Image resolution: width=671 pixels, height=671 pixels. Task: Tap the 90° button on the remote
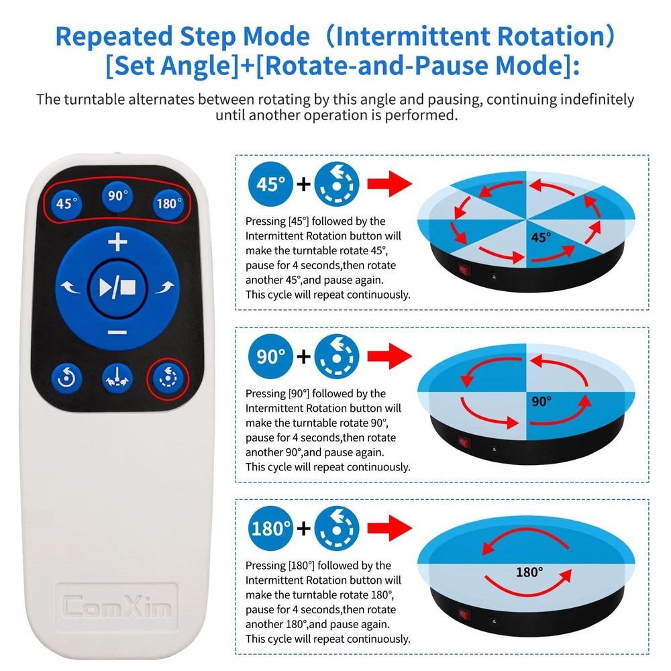117,196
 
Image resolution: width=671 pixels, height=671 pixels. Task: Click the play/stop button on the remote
117,288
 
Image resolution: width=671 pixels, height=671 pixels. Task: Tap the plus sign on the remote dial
117,242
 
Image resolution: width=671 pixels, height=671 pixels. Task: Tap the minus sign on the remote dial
117,333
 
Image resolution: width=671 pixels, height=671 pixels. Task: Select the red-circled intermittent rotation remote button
168,378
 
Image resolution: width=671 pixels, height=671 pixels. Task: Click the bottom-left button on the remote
66,378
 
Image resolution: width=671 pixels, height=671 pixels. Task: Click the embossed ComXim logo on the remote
116,607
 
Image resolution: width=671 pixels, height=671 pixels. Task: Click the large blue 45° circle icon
270,184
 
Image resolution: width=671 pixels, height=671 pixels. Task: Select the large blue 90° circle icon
270,356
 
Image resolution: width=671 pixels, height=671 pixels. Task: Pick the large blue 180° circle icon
270,528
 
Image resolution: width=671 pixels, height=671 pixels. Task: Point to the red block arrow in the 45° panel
389,184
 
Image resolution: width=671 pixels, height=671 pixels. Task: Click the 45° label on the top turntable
541,237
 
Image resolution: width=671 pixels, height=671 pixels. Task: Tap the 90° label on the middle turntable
541,401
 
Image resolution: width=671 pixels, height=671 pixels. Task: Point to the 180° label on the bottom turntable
529,572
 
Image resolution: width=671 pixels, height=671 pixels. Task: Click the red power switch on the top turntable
464,270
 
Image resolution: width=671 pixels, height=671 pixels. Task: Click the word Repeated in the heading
114,36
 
